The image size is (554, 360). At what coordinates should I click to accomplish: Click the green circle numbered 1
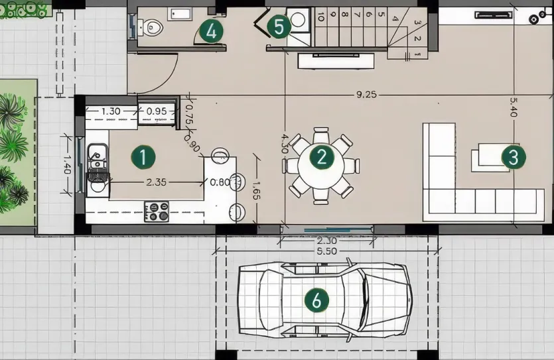143,158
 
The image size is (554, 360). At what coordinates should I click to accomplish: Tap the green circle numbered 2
322,157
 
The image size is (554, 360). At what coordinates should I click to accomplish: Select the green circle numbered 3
512,157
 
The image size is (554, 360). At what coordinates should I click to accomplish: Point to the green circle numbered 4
210,30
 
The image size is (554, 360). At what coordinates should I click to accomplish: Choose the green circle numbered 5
279,27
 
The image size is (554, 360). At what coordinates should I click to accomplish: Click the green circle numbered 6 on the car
316,300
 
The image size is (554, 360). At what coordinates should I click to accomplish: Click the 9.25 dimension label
366,95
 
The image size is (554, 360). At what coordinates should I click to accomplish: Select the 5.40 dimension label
513,108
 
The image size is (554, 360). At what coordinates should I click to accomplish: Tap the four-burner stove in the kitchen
157,211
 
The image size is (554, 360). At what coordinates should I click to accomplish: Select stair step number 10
320,18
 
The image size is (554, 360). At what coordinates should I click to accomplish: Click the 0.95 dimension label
157,111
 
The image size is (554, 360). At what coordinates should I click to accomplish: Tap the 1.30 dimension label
111,111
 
